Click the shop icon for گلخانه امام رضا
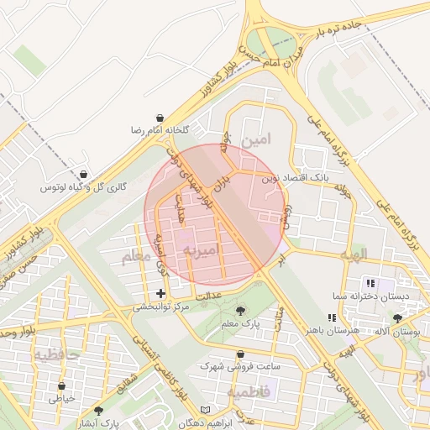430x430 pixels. [160, 118]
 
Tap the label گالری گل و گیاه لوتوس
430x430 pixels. [84, 187]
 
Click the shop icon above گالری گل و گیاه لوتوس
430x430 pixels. [82, 174]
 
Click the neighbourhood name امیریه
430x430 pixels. [201, 250]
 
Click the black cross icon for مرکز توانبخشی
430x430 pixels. [160, 293]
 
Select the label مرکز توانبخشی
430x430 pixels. [160, 307]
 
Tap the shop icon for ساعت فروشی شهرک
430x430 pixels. [241, 354]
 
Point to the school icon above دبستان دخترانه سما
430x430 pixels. [370, 283]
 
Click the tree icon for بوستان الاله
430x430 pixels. [397, 318]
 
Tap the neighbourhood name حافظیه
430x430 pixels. [55, 355]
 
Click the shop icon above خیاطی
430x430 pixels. [61, 386]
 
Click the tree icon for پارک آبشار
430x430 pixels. [98, 411]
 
